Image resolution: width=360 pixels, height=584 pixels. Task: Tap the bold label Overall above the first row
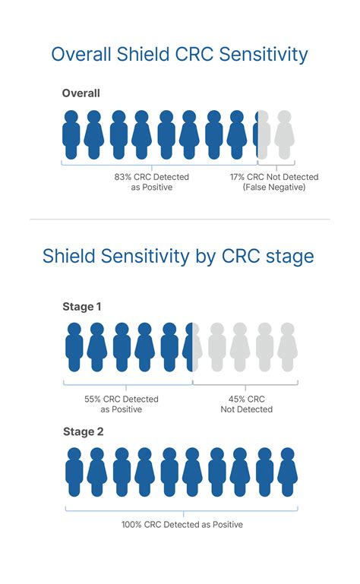pyautogui.click(x=81, y=93)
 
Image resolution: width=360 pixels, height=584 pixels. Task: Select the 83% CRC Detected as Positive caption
pyautogui.click(x=152, y=182)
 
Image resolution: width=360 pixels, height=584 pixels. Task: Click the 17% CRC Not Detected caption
pyautogui.click(x=274, y=177)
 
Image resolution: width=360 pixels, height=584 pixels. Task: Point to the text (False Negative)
pyautogui.click(x=274, y=187)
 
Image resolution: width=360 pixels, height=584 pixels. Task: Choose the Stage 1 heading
pyautogui.click(x=82, y=307)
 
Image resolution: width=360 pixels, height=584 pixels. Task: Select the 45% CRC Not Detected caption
pyautogui.click(x=246, y=403)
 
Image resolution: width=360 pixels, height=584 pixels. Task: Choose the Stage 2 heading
pyautogui.click(x=83, y=432)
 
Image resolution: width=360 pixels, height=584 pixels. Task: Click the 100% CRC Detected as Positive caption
pyautogui.click(x=182, y=524)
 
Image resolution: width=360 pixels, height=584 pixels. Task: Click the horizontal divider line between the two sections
pyautogui.click(x=180, y=219)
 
